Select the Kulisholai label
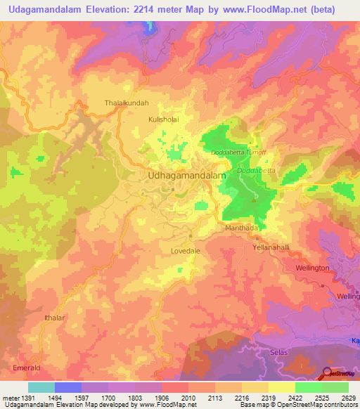point(163,119)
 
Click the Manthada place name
point(242,229)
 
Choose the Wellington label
point(313,268)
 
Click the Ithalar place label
point(53,318)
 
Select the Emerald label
point(26,368)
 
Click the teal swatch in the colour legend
point(41,387)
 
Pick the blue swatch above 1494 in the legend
point(67,387)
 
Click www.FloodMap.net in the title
point(272,9)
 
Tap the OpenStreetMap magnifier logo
point(328,372)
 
